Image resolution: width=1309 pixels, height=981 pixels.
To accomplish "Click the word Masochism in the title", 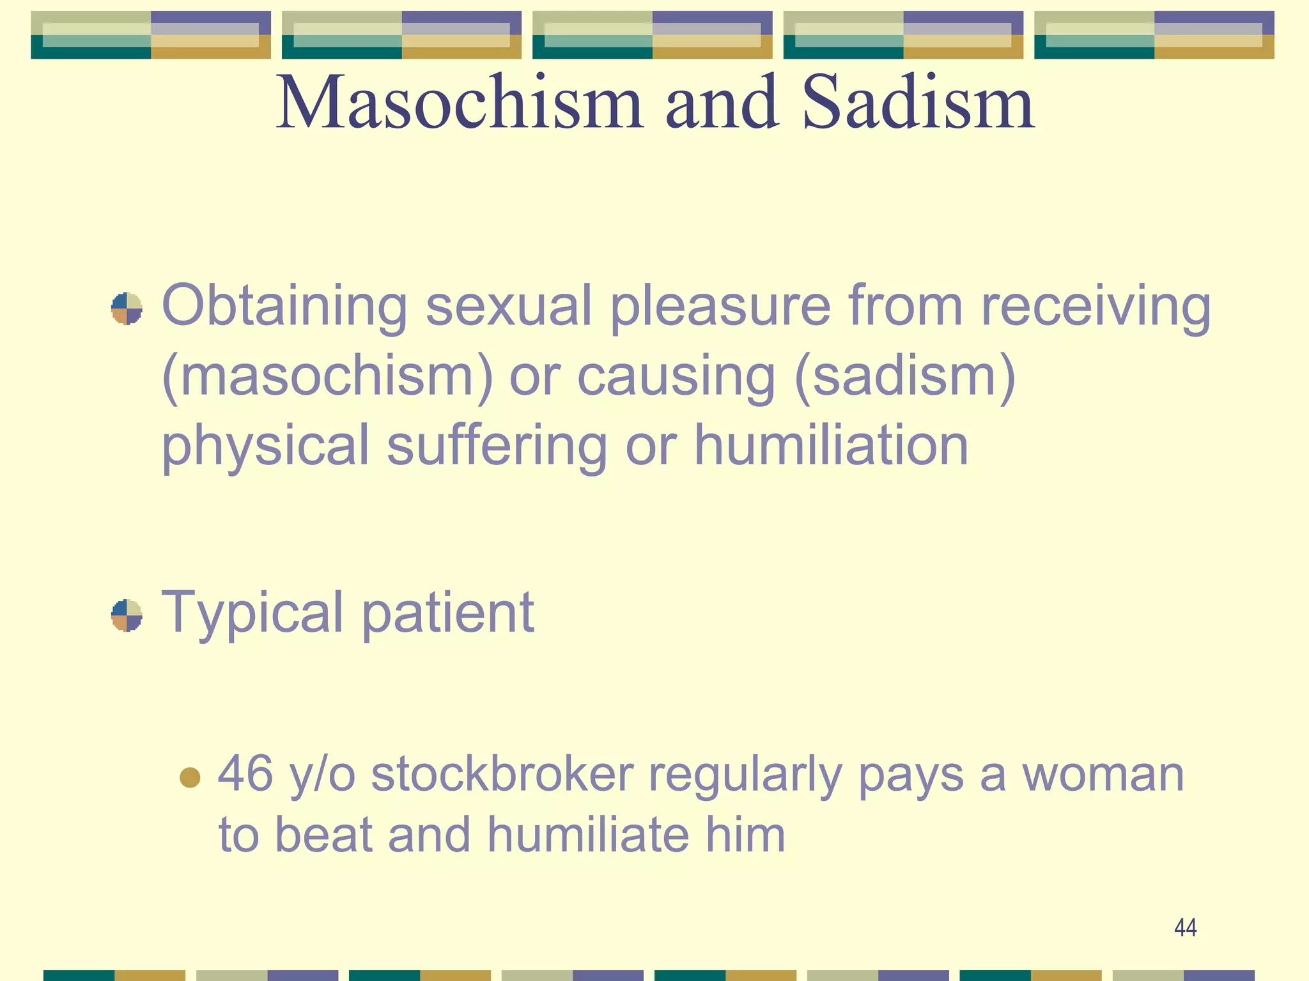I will point(459,102).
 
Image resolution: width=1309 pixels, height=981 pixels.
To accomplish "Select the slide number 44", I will point(1185,927).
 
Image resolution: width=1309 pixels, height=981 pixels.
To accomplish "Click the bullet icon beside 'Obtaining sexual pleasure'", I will point(127,308).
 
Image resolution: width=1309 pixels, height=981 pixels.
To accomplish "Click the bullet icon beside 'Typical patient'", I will point(127,615).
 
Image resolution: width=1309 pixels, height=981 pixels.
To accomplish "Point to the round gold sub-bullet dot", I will point(190,777).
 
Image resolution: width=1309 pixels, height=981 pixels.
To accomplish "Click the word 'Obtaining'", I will point(284,307).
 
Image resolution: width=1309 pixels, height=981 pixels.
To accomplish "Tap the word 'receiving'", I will point(1096,307).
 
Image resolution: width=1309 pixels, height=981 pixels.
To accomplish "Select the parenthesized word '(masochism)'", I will point(328,377).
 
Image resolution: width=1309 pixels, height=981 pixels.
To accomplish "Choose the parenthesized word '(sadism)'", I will point(904,377).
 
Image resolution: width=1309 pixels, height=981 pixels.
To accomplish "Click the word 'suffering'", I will point(497,446).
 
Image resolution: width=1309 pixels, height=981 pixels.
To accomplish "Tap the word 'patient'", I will point(448,613).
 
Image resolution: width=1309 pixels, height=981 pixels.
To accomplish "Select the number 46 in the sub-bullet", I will point(245,773).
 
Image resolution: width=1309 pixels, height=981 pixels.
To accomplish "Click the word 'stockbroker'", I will point(502,773).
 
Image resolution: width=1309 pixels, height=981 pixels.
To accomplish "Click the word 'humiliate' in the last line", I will point(588,835).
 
